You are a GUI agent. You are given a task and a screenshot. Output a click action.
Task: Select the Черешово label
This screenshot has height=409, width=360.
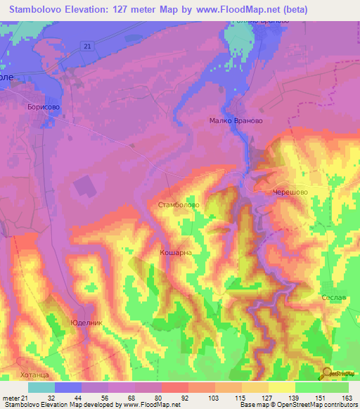pos(291,191)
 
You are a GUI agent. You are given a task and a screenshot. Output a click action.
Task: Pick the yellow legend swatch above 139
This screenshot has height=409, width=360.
pos(282,387)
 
